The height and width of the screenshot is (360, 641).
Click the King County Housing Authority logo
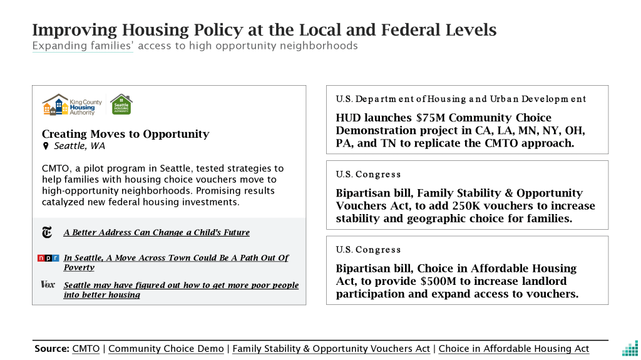69,105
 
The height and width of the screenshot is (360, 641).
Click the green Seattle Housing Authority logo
121,105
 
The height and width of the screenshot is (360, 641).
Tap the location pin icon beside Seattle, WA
46,146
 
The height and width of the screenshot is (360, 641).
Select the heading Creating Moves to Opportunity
125,134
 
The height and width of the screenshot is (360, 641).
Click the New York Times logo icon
47,233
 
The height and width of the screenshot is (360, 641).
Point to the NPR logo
48,258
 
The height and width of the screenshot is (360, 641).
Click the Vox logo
48,285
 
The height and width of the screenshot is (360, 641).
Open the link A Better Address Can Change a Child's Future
156,233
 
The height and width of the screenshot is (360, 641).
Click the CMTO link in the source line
86,349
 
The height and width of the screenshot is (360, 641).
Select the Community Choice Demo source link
166,349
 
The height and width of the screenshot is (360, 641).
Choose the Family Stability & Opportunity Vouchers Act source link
331,349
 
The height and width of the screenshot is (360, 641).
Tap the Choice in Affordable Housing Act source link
514,349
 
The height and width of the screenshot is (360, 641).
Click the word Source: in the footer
51,349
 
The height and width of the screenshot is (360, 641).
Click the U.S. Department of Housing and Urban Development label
461,99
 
